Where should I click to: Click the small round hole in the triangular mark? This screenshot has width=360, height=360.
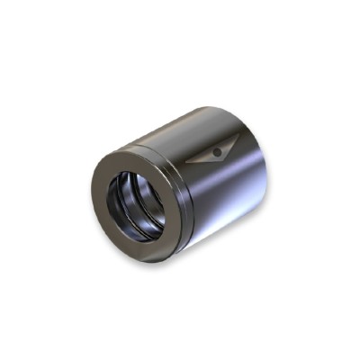point(217,152)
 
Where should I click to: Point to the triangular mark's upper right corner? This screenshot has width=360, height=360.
point(238,134)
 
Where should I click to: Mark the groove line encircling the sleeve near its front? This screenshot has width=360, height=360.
point(173,153)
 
